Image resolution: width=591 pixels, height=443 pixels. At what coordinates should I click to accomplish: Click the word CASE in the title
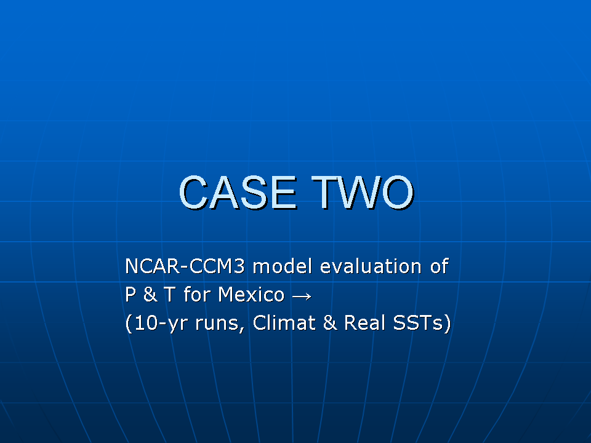(238, 193)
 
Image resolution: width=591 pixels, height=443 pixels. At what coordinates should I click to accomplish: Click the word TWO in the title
(363, 193)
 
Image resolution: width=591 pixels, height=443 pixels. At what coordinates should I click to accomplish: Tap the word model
(283, 266)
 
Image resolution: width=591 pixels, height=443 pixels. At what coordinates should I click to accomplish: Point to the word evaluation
(371, 266)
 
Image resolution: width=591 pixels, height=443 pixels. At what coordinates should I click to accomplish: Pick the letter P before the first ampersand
(131, 294)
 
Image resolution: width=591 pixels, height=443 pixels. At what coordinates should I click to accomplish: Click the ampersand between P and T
(150, 294)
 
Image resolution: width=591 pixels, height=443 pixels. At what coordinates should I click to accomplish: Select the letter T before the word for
(170, 294)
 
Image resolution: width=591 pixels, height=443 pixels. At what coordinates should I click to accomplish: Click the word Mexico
(251, 294)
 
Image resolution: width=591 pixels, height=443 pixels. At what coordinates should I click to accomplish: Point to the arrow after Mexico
(302, 297)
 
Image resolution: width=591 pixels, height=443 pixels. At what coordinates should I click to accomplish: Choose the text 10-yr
(161, 324)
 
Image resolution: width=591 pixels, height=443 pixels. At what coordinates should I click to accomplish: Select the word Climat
(284, 323)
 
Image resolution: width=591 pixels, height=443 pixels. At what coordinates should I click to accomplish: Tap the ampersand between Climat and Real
(330, 323)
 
